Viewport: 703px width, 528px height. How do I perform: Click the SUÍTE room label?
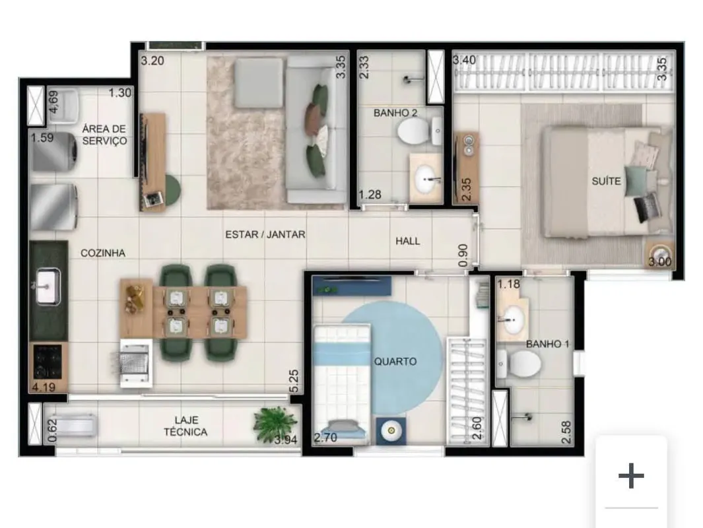click(x=606, y=181)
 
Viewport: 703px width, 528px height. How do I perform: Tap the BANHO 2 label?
click(x=395, y=113)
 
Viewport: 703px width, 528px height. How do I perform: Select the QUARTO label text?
click(x=395, y=361)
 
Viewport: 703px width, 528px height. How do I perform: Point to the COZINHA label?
click(x=103, y=253)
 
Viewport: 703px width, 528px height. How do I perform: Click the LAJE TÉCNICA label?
click(x=185, y=426)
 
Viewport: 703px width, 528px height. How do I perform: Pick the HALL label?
click(x=407, y=241)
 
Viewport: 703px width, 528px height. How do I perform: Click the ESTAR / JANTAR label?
click(x=265, y=234)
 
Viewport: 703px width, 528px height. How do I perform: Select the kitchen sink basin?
click(x=48, y=286)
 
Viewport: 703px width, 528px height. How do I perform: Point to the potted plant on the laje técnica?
click(x=275, y=424)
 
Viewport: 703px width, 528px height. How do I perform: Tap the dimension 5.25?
click(x=294, y=381)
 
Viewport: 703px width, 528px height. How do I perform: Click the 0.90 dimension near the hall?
click(x=463, y=255)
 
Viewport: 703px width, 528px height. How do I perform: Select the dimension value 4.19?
click(x=44, y=387)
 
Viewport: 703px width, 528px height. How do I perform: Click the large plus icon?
click(x=631, y=476)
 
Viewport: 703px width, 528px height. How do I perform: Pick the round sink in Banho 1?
click(x=514, y=320)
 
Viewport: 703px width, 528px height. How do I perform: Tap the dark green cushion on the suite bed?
click(x=636, y=181)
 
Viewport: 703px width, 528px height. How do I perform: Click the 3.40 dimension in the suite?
click(x=464, y=59)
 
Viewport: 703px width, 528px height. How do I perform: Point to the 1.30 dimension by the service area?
click(x=120, y=93)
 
